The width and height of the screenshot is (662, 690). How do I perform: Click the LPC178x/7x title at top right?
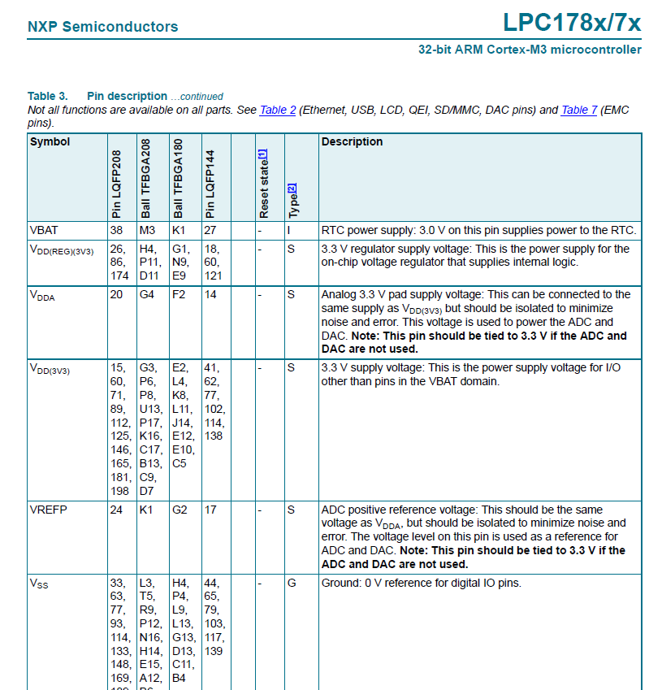(x=571, y=23)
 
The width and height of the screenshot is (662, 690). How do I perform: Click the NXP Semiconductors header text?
(x=102, y=27)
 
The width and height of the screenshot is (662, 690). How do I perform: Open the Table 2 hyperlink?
(x=277, y=110)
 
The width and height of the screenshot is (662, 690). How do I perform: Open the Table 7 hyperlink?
(x=578, y=110)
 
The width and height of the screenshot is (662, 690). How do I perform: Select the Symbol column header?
(x=50, y=141)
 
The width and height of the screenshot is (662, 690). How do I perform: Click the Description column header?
(x=352, y=141)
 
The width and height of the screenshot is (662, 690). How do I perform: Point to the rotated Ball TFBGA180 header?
(x=179, y=178)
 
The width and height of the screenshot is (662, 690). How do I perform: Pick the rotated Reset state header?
(x=263, y=184)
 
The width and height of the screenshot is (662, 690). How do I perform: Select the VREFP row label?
(x=48, y=510)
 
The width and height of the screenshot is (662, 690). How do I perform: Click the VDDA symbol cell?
(x=41, y=296)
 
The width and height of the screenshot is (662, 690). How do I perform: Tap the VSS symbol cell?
(x=38, y=584)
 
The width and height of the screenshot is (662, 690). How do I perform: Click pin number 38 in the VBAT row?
(x=117, y=230)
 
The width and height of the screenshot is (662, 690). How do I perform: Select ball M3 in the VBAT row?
(x=147, y=230)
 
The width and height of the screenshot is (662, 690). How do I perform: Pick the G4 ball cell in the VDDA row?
(x=147, y=295)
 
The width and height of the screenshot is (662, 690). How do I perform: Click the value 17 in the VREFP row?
(x=210, y=510)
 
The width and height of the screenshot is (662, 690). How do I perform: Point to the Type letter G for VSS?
(x=291, y=583)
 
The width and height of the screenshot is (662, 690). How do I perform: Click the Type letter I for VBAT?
(x=289, y=230)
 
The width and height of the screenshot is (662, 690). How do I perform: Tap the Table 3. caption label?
(x=48, y=96)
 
